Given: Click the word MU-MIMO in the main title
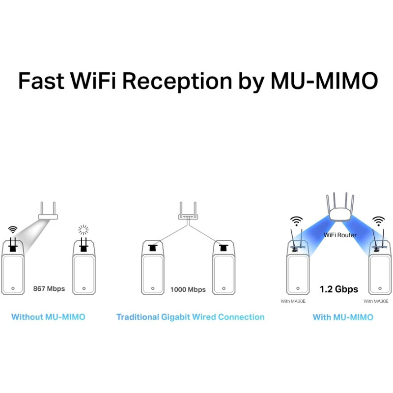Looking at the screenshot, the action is [x=324, y=81].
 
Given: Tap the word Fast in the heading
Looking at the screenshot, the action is [x=41, y=81].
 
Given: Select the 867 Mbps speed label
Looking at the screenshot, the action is [x=49, y=289].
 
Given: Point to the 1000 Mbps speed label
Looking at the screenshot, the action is [x=188, y=289].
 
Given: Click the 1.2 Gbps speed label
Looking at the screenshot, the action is [x=339, y=289].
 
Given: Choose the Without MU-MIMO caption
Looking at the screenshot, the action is [x=48, y=317].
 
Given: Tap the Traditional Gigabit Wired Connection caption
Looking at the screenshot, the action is [x=191, y=317].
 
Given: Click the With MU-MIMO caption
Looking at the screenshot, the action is [x=343, y=317].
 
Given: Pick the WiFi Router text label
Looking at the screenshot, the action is [x=340, y=235].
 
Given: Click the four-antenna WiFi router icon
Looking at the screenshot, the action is [x=340, y=207].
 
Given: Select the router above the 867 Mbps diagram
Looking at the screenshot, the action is [x=48, y=211].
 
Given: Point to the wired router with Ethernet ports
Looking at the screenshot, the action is [x=188, y=211].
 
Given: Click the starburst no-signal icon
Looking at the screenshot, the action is [x=83, y=229].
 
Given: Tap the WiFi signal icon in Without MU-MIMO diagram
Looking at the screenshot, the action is [x=13, y=229].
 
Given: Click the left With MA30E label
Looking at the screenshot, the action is [x=293, y=301].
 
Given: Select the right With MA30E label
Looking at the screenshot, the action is [x=376, y=301].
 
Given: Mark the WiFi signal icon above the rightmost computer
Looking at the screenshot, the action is [x=378, y=221].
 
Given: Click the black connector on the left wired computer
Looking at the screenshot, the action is [x=153, y=248].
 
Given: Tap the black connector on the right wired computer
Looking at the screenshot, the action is [x=224, y=248].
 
